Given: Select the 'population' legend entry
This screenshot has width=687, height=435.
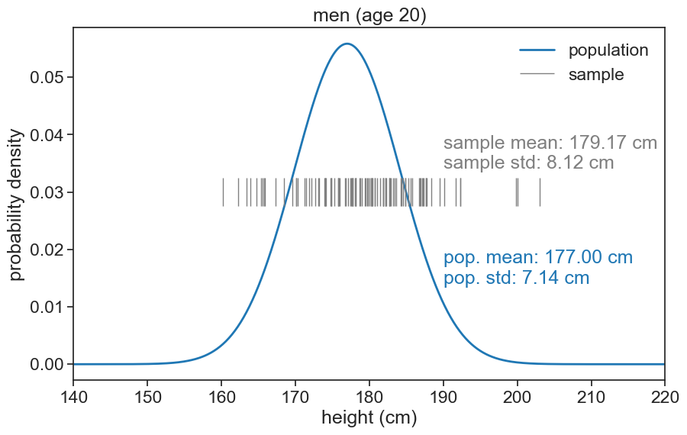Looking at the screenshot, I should coord(608,50).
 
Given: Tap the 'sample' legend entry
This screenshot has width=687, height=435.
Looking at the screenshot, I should coord(596,75).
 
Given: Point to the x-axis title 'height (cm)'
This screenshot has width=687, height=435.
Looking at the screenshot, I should coord(369,417).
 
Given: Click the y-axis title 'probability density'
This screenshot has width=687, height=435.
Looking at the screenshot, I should coord(16,204).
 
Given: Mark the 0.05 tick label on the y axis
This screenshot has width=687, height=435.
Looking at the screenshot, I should coord(46,77).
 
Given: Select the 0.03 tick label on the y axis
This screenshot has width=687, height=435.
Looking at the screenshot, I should coord(46,192).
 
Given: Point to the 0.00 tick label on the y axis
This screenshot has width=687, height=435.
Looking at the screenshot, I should coord(46,364).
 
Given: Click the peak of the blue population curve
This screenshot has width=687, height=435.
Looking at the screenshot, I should coord(347,43).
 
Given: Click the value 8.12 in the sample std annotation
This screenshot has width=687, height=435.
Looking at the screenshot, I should coord(565,163).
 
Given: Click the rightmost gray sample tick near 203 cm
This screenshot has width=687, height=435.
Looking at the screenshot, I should coord(540,192).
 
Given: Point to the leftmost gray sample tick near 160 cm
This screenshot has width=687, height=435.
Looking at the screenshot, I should coord(223,192).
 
